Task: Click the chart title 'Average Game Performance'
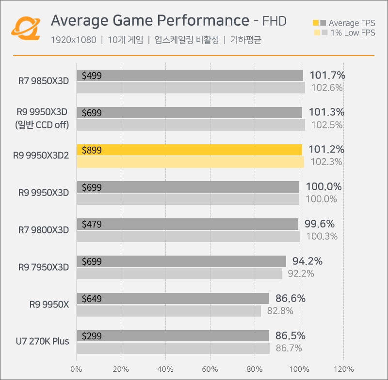pyautogui.click(x=150, y=21)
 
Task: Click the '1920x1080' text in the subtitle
pyautogui.click(x=73, y=40)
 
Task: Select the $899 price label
pyautogui.click(x=92, y=150)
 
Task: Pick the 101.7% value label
pyautogui.click(x=326, y=75)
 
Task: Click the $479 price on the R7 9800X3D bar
pyautogui.click(x=92, y=224)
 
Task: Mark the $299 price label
pyautogui.click(x=92, y=336)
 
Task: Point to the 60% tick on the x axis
pyautogui.click(x=210, y=369)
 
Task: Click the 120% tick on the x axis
pyautogui.click(x=343, y=369)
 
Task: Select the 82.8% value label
pyautogui.click(x=280, y=311)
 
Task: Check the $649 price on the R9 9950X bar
pyautogui.click(x=92, y=299)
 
